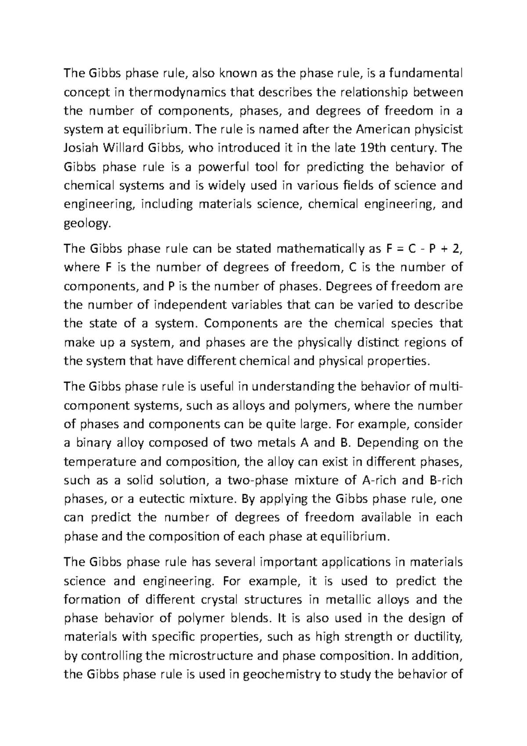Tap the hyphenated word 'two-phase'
coord(256,480)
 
